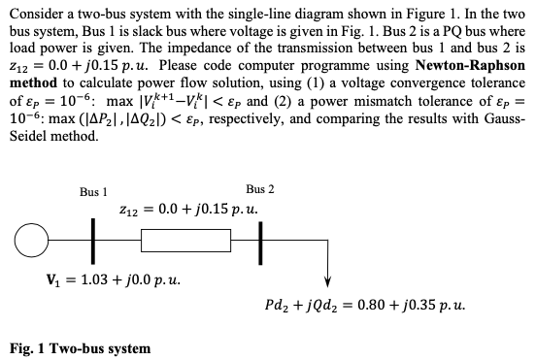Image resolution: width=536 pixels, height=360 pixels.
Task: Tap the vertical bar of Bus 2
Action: (260, 236)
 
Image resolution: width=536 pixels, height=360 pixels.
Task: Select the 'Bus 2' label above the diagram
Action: (260, 188)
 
